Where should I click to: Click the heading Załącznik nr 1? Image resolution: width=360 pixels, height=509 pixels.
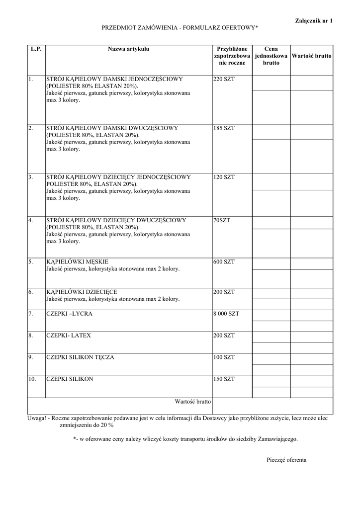pos(314,20)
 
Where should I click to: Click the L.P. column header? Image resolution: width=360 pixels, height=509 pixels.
pos(36,49)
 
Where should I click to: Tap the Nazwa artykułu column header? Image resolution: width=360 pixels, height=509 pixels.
pos(128,49)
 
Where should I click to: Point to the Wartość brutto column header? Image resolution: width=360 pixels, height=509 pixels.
pos(311,56)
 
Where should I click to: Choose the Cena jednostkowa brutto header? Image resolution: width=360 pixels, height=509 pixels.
pos(271,56)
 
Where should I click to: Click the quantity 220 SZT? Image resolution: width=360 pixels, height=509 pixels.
pos(224,79)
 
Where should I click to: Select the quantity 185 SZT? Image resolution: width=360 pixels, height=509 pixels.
pos(224,128)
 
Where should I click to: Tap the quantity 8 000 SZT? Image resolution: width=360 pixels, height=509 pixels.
pos(226,314)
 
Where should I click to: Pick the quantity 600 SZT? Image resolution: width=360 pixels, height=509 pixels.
pos(224,262)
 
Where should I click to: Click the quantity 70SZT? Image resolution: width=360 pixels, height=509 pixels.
pos(222,220)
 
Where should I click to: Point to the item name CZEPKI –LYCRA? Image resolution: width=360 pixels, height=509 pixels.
pos(69,314)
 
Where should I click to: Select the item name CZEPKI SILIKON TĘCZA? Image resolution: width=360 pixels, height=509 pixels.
pos(80,357)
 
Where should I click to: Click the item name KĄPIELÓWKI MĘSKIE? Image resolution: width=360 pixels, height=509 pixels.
pos(77,262)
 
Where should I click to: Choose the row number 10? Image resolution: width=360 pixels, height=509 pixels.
pos(32,379)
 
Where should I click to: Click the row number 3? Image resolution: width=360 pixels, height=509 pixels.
pos(30,177)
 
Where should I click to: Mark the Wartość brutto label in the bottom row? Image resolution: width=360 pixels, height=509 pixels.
pos(192,401)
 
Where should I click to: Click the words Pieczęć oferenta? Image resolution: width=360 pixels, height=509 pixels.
pos(286,460)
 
